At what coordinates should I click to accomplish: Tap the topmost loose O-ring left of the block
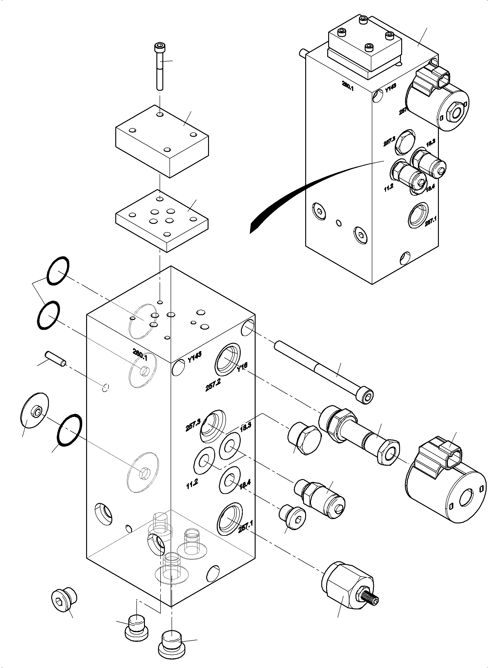click(58, 271)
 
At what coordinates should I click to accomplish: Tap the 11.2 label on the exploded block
click(192, 484)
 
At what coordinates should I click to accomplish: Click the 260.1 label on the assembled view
click(348, 86)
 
